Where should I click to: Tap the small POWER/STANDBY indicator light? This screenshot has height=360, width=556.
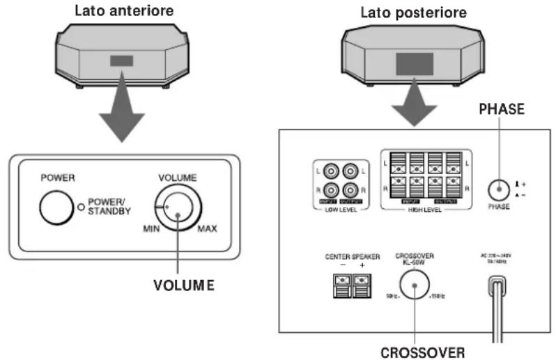[x=82, y=207]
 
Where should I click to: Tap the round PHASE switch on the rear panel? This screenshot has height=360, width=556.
[x=497, y=190]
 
